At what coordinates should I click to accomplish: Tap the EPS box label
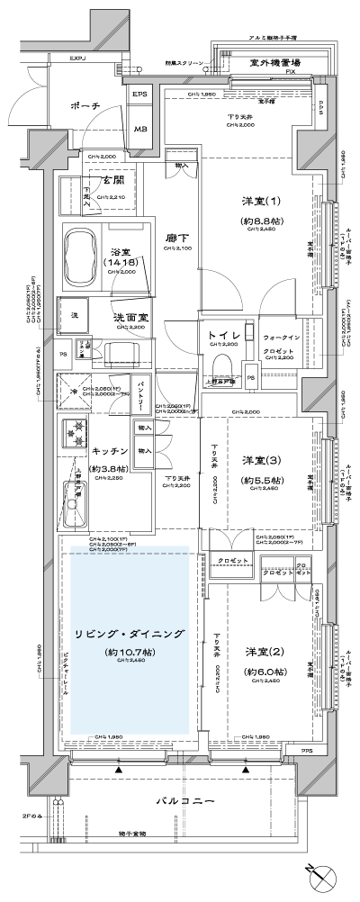140,95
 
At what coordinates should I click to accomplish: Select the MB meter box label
140,128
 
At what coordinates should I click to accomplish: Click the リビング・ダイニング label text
131,635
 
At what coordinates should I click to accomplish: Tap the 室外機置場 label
275,62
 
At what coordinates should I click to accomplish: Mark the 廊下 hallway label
176,239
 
